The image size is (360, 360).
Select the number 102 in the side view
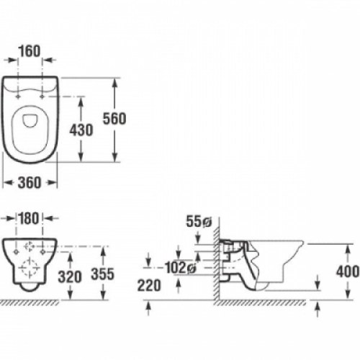coord(174,267)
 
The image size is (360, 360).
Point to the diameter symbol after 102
coord(192,268)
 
